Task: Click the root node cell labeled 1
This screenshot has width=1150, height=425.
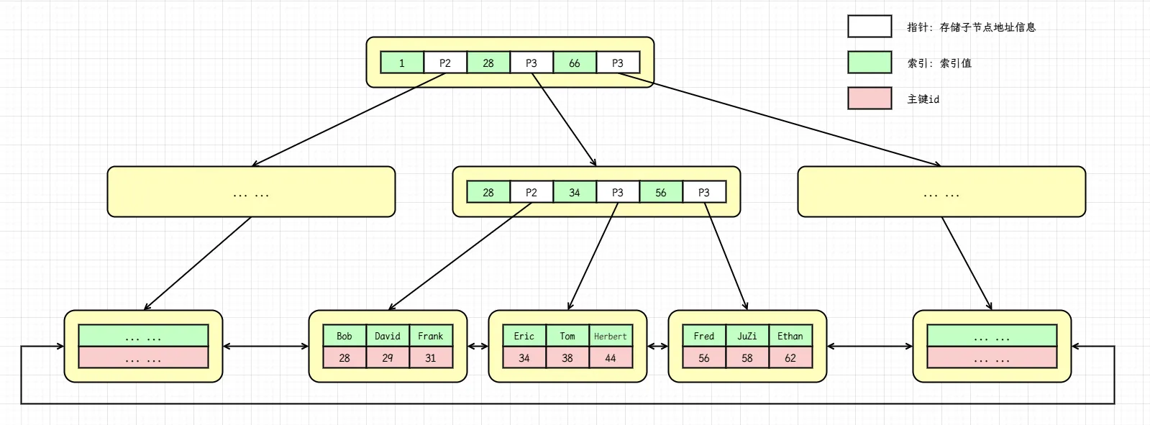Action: (x=401, y=63)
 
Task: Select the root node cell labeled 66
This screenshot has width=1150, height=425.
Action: (x=574, y=63)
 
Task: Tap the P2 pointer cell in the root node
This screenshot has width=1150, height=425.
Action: (x=444, y=63)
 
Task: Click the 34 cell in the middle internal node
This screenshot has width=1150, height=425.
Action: (x=574, y=193)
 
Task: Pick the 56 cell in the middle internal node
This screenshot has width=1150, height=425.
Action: (x=660, y=193)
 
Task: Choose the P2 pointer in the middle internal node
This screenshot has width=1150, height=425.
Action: (x=531, y=193)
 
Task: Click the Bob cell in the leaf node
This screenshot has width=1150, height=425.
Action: (x=344, y=336)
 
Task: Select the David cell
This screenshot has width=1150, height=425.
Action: (x=387, y=336)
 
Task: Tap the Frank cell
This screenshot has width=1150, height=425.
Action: (x=430, y=336)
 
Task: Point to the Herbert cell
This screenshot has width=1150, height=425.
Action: (x=610, y=336)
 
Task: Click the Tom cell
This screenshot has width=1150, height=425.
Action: (x=567, y=336)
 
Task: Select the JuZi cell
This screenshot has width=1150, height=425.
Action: (x=747, y=336)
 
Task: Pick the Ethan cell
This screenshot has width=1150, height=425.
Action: (x=790, y=336)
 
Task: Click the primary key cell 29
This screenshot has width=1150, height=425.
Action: (x=387, y=357)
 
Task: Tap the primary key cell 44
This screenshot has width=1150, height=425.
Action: (x=610, y=357)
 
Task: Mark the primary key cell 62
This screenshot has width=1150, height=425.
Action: (x=790, y=357)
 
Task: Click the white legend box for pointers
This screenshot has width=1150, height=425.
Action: (x=869, y=27)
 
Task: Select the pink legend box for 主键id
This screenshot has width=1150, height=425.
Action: (x=869, y=99)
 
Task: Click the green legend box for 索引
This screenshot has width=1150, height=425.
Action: (x=869, y=63)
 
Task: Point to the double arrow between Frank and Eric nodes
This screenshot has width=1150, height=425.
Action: (x=478, y=347)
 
